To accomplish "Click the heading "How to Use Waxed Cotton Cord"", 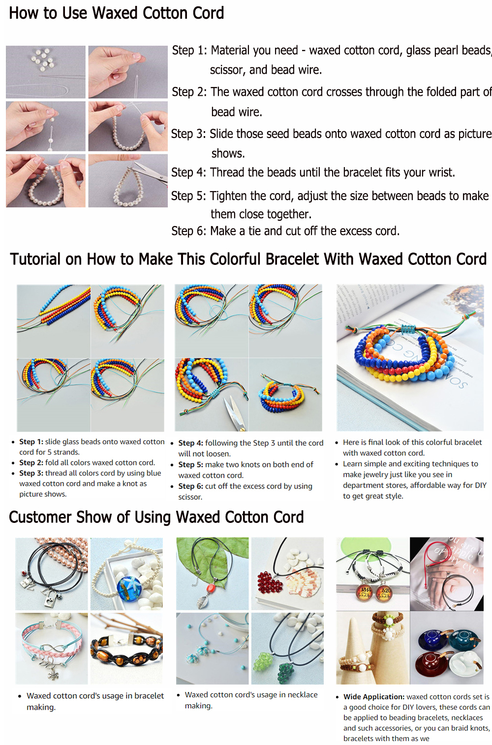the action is point(116,13).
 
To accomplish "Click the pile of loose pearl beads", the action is point(43,59).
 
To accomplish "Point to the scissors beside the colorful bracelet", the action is point(235,412).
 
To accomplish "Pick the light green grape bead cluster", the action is point(263,661).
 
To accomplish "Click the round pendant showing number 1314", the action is point(365,592).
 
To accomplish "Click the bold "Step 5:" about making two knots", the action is point(191,464).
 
